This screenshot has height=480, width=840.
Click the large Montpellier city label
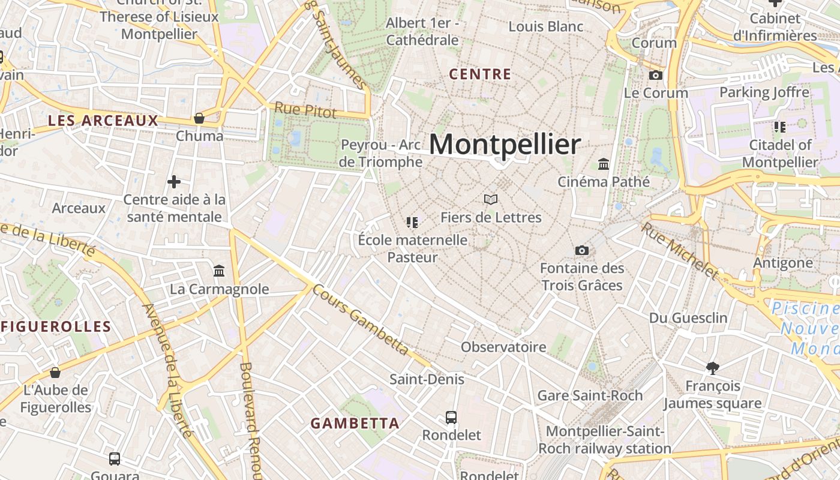[x=505, y=145]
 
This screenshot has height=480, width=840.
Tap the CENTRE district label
[x=480, y=74]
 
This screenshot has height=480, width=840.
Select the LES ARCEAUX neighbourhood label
[x=103, y=121]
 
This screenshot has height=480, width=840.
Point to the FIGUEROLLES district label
[x=56, y=327]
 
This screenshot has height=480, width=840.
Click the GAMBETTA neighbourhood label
[x=355, y=423]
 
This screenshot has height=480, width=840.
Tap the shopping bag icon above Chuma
[x=199, y=118]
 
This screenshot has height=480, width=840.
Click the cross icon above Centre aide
[x=174, y=181]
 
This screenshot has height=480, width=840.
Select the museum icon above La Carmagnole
[x=219, y=271]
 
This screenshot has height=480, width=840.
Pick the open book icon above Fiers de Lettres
[x=491, y=199]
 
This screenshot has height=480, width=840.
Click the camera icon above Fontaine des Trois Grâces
[x=581, y=250]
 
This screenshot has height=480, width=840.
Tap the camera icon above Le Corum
[x=656, y=75]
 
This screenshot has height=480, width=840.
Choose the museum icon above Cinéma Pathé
[x=604, y=164]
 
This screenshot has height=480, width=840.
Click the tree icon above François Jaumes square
[x=713, y=367]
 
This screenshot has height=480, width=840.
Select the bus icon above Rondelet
[x=451, y=417]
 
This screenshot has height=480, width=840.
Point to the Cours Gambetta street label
[x=360, y=320]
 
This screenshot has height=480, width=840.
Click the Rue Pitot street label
[x=305, y=110]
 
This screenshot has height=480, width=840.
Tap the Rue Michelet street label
[x=679, y=251]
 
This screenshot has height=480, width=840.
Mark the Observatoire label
[x=503, y=347]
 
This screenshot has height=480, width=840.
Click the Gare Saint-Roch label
[x=590, y=395]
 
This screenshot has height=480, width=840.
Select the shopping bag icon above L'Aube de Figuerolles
[x=55, y=373]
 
